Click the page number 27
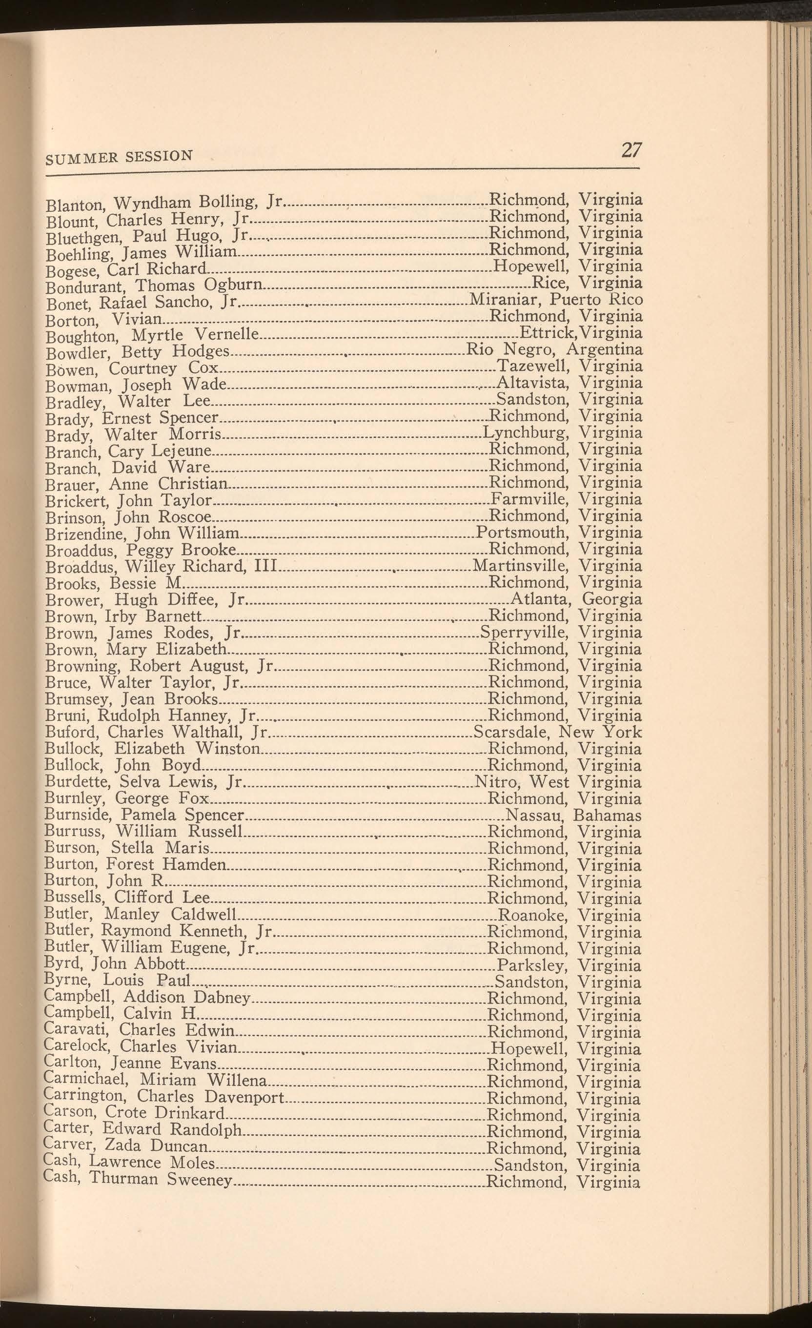631,149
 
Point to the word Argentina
605,350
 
